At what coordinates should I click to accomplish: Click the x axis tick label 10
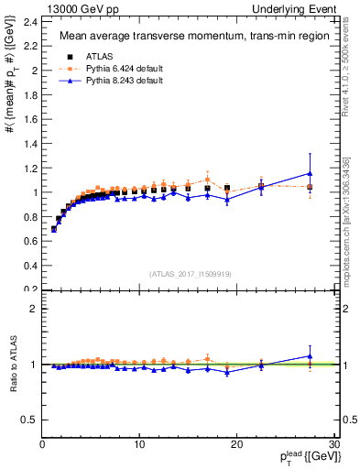[x=139, y=444]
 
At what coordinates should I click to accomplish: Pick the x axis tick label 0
[x=42, y=444]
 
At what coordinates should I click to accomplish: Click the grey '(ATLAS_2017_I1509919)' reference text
[x=190, y=273]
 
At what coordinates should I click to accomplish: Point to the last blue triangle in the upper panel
[x=310, y=173]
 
